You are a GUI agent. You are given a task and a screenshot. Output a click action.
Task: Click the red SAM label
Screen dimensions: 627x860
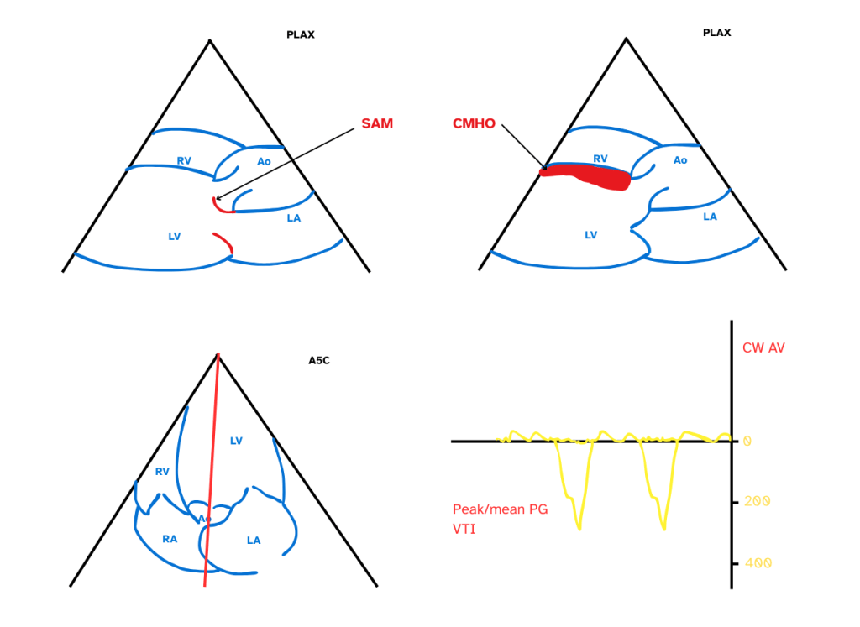377,123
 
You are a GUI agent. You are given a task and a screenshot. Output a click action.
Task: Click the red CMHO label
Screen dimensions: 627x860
473,124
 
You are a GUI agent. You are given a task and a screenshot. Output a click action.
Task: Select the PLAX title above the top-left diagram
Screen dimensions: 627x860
300,35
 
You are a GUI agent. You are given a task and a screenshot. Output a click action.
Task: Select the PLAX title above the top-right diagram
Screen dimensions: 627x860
716,33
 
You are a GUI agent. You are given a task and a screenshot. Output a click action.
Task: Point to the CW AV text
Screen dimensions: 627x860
763,347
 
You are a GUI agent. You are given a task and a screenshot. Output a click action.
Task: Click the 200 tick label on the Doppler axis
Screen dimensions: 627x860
757,501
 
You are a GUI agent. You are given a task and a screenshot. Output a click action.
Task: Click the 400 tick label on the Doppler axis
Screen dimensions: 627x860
757,562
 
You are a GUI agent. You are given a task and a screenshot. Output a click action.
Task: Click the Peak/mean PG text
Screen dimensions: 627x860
500,509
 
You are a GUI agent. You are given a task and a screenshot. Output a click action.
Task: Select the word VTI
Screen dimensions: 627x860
464,529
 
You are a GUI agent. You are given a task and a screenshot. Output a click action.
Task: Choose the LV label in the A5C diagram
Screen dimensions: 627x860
236,441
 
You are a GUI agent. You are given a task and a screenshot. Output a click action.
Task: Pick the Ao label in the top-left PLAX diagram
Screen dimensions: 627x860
264,161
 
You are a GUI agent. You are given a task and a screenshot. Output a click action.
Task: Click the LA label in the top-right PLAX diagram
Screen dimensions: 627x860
710,217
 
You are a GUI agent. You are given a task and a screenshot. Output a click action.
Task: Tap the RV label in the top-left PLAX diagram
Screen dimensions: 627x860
183,159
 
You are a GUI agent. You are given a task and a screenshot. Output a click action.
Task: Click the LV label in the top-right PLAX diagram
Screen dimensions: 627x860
591,236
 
